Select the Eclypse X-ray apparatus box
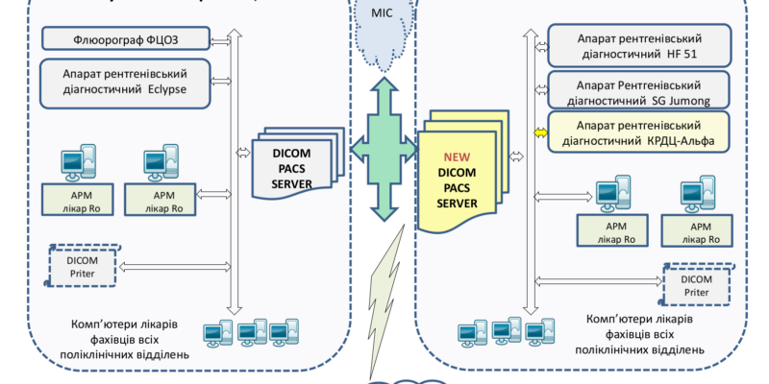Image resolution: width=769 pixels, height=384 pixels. click(x=126, y=82)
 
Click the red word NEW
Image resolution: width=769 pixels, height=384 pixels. click(x=456, y=156)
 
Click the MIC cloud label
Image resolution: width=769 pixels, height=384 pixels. click(x=383, y=14)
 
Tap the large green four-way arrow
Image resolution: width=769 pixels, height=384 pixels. click(x=382, y=149)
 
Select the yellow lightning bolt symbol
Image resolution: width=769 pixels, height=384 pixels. click(x=384, y=307)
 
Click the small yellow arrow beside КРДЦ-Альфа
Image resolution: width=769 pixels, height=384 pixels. click(x=539, y=131)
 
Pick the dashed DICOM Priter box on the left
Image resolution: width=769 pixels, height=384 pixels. click(x=84, y=265)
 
